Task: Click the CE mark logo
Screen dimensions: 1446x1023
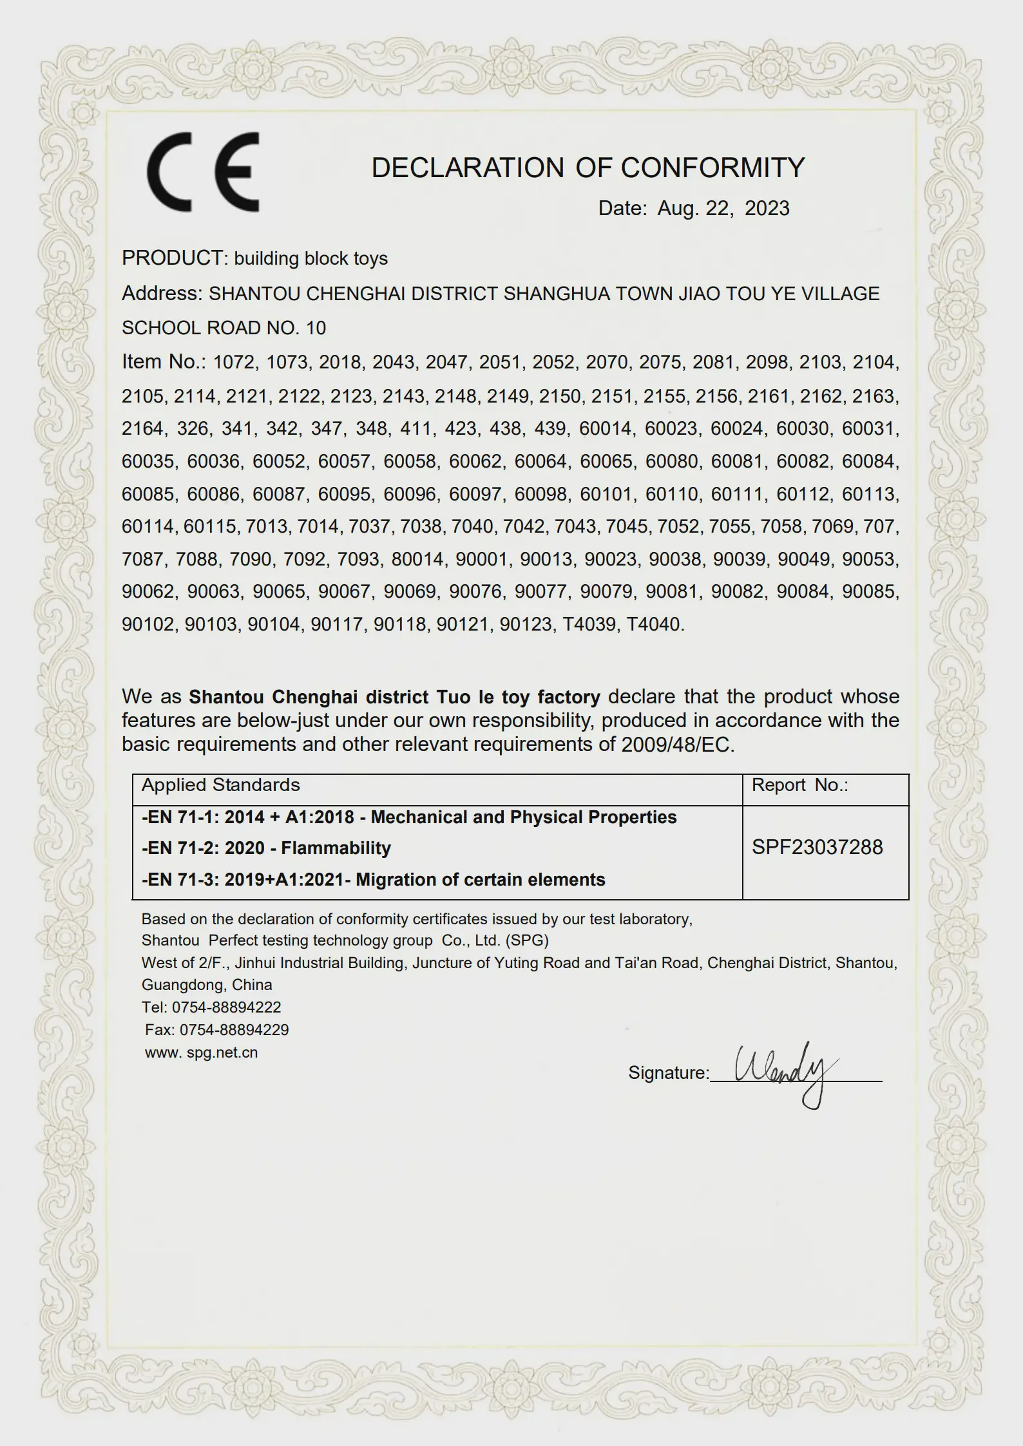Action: coord(203,172)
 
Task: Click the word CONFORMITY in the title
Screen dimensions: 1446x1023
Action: coord(712,167)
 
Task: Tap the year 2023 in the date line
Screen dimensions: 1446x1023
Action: coord(767,208)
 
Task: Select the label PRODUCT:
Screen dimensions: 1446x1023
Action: coord(175,258)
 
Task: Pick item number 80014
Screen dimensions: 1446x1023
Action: coord(418,559)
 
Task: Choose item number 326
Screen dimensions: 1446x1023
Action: coord(193,428)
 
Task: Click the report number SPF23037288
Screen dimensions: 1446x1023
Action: coord(817,847)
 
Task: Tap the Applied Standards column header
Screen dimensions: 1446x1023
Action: coord(220,785)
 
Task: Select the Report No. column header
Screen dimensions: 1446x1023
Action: coord(799,785)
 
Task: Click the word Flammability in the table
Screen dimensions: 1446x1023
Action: coord(336,848)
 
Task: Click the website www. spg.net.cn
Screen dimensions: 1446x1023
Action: coord(201,1052)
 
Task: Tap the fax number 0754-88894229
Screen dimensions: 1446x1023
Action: coord(234,1029)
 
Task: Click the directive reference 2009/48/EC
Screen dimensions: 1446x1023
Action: coord(677,745)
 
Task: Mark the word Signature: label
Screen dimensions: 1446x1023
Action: coord(668,1072)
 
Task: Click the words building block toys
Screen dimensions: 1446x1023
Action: coord(311,258)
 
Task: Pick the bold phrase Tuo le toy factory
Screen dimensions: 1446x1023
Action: coord(518,697)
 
